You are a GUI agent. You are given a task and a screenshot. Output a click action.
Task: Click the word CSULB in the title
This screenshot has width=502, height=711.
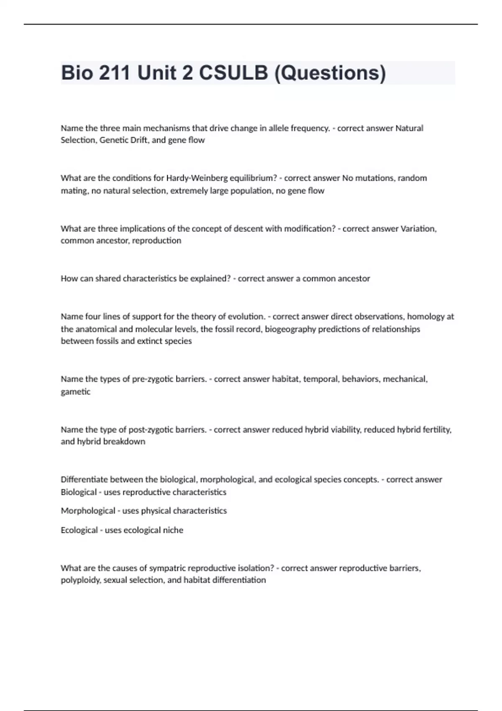click(x=233, y=73)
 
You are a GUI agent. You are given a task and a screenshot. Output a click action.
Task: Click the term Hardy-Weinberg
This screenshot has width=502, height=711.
click(x=197, y=178)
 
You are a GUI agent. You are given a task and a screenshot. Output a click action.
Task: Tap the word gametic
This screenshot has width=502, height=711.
click(x=75, y=392)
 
